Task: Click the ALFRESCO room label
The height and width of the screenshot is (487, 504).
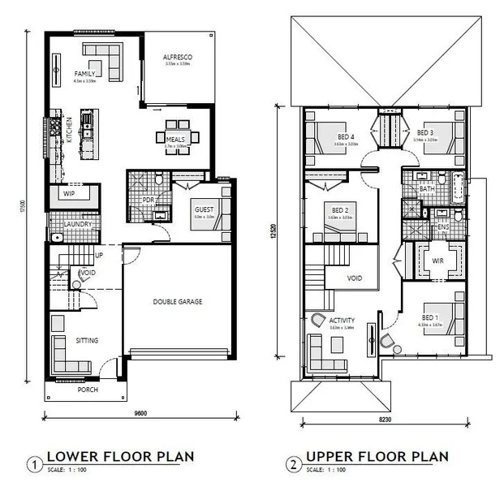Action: (x=177, y=57)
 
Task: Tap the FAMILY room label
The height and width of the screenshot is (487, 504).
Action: (x=85, y=73)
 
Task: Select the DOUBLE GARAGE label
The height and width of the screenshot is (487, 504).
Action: (x=177, y=302)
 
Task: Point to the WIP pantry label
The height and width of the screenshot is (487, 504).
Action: (x=69, y=195)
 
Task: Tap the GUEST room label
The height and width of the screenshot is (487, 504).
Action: (x=203, y=209)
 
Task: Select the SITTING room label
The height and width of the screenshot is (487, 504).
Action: (x=87, y=341)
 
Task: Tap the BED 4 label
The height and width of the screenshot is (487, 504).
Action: (x=346, y=137)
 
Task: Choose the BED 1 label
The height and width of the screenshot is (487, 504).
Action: (x=430, y=317)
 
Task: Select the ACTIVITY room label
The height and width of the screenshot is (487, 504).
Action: (x=342, y=321)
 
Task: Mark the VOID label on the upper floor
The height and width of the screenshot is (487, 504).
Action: (x=354, y=278)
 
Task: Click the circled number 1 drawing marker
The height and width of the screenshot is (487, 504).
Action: (x=34, y=464)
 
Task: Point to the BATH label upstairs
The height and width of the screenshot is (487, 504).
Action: (x=428, y=188)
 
